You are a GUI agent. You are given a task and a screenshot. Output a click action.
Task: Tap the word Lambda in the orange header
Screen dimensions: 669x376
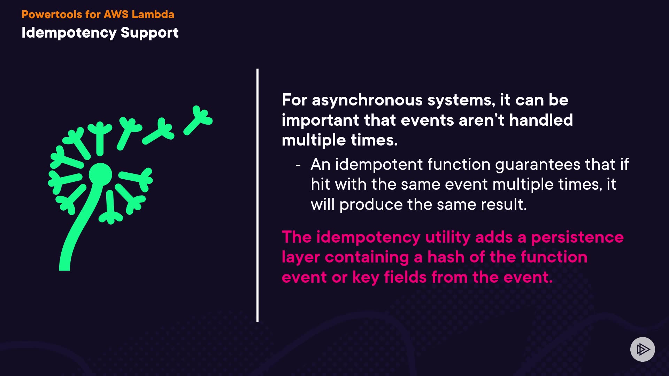click(x=153, y=14)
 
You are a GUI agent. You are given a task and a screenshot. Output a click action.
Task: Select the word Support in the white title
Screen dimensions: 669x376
click(x=149, y=33)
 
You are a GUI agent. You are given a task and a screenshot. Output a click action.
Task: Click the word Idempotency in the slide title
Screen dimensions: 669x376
click(x=69, y=33)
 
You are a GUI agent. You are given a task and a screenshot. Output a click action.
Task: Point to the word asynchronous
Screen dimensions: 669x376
click(x=367, y=101)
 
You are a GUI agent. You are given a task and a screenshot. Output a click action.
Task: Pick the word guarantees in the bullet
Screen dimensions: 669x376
click(x=538, y=165)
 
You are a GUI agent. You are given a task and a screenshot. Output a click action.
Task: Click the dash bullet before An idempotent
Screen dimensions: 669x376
click(x=298, y=165)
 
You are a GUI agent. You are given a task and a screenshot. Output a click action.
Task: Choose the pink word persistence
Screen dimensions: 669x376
click(x=577, y=237)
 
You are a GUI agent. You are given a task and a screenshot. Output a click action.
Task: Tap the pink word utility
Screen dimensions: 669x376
click(x=448, y=238)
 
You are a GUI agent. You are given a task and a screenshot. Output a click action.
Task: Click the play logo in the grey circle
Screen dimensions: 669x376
click(x=643, y=349)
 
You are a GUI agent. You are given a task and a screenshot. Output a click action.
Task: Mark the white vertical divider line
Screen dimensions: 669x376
click(x=257, y=195)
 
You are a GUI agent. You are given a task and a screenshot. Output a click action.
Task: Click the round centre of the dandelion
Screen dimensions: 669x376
click(x=100, y=174)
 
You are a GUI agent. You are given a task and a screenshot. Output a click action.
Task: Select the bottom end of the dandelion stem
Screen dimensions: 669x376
click(x=64, y=270)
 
